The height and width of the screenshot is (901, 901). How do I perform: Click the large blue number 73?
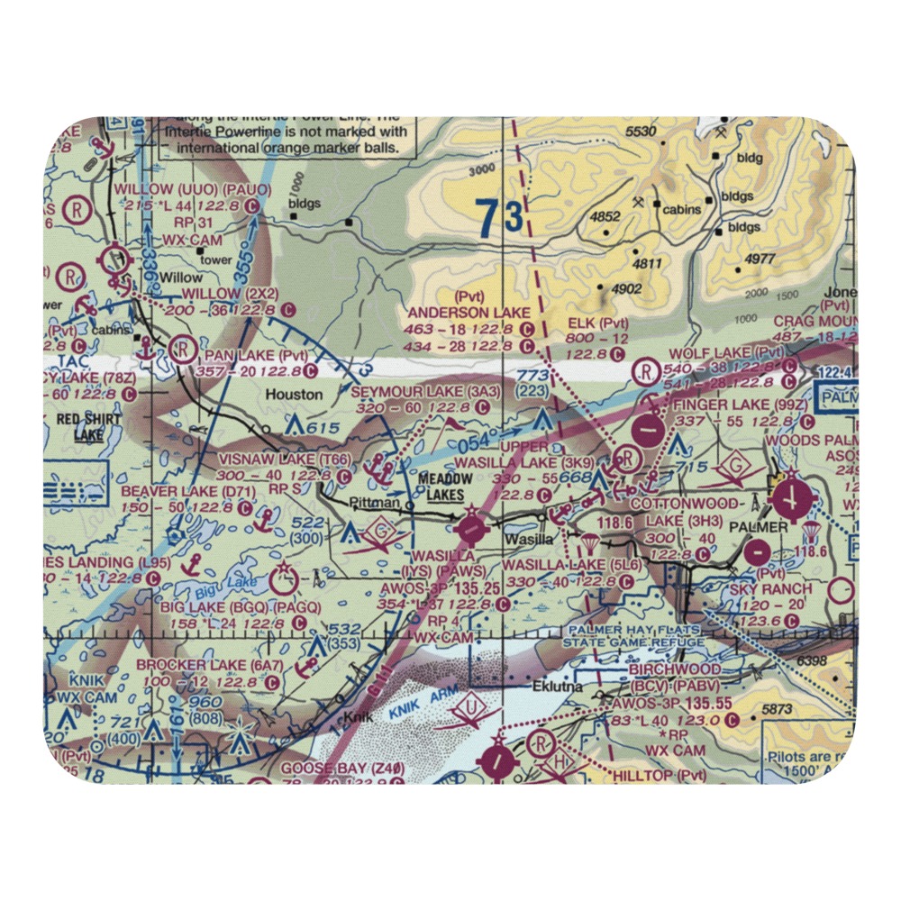coord(499,219)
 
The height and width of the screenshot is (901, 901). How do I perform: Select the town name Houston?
coord(294,394)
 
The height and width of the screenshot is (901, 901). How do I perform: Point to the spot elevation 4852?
coord(604,216)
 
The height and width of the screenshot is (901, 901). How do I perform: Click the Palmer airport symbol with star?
coord(791,495)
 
